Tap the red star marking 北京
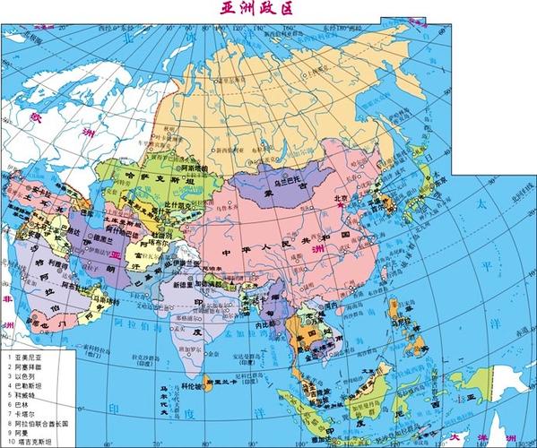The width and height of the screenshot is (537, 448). tap(341, 205)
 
